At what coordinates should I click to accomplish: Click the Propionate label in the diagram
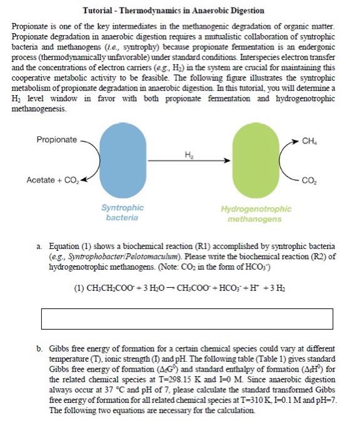pyautogui.click(x=57, y=140)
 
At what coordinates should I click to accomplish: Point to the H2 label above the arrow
pyautogui.click(x=189, y=153)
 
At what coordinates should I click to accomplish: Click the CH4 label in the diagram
pyautogui.click(x=308, y=141)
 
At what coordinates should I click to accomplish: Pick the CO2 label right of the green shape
pyautogui.click(x=307, y=181)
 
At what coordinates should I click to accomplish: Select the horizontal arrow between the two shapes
pyautogui.click(x=188, y=161)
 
